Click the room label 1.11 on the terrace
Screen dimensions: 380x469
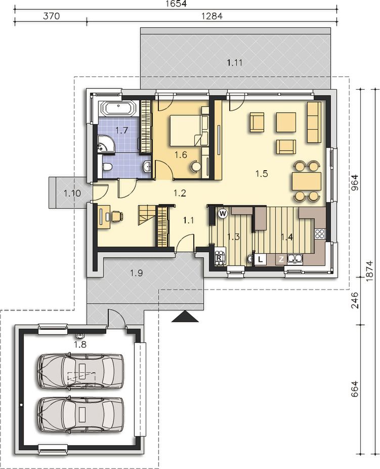pos(234,63)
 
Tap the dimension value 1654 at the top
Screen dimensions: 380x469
pos(177,4)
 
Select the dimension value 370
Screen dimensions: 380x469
pos(52,16)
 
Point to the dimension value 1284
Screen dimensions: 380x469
pos(212,16)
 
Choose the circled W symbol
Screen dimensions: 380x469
pos(223,213)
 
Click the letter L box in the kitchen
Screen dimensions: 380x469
pos(261,259)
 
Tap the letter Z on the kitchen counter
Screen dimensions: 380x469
pos(281,259)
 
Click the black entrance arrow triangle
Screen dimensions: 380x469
pos(185,316)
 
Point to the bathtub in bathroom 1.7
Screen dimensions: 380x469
pos(118,108)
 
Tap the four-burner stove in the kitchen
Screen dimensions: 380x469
pos(320,233)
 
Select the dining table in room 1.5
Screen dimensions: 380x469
pos(307,181)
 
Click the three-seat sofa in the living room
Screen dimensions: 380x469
pos(314,122)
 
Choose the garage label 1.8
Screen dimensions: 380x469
pos(80,344)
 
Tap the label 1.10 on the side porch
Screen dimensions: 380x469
pos(72,193)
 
